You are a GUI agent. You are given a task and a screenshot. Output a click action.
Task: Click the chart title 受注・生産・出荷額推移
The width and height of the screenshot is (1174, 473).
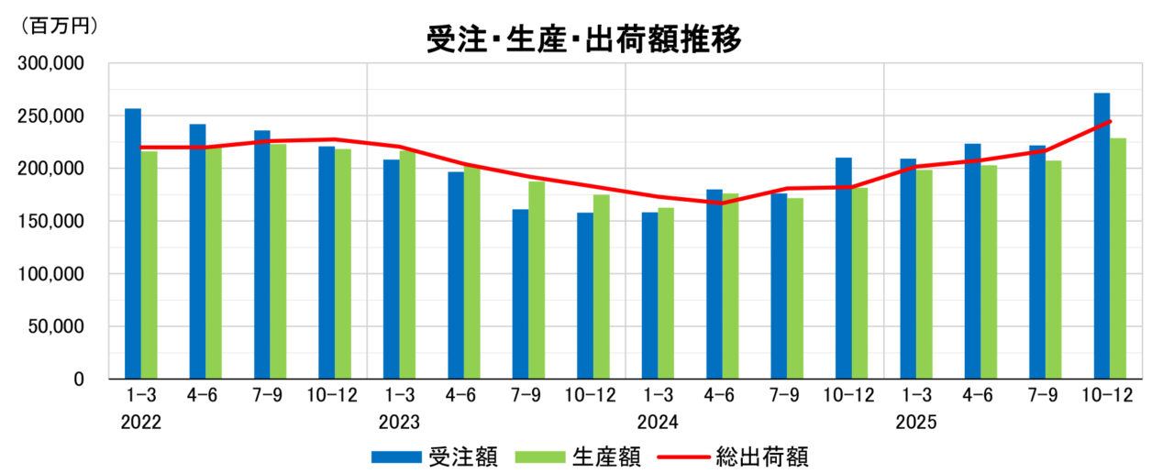(583, 39)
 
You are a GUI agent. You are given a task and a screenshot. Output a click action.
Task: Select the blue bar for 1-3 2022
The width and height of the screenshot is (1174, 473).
(133, 244)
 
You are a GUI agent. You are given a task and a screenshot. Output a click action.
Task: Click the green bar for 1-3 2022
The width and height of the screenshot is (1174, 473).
(149, 265)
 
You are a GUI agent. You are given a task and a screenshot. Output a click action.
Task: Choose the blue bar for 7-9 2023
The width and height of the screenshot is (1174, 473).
(521, 293)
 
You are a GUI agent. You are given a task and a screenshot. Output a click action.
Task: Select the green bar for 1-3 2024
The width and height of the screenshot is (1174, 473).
(666, 292)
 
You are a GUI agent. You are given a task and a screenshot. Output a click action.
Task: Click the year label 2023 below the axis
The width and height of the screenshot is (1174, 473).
(399, 423)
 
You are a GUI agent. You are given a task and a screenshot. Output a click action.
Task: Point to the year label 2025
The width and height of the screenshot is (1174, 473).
(916, 423)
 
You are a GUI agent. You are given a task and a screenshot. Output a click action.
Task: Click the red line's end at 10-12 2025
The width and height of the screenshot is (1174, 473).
(1110, 122)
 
